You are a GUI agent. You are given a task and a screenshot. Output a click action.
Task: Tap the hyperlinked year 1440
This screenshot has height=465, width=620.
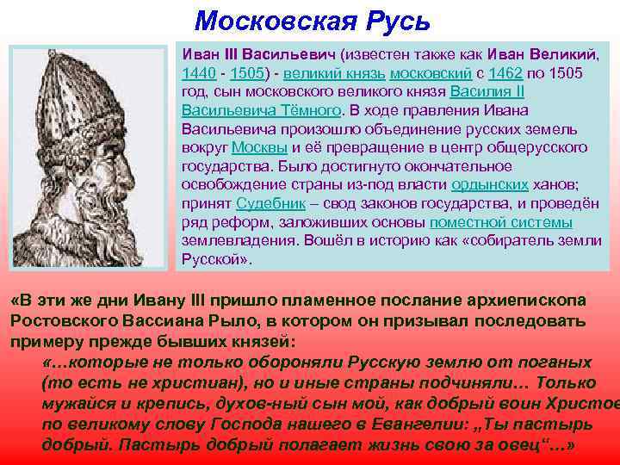click(x=198, y=73)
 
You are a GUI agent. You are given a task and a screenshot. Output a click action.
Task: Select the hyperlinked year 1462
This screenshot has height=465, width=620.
click(x=505, y=73)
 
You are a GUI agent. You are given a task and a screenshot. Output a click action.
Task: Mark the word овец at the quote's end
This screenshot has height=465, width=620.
click(x=526, y=444)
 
